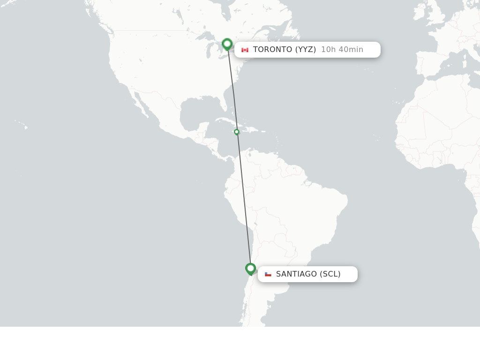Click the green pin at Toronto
tap(227, 44)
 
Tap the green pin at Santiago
tap(250, 269)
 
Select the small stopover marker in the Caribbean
tap(237, 132)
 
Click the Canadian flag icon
tap(245, 50)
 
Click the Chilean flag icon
tap(268, 274)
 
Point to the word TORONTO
tap(272, 50)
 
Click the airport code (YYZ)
tap(305, 50)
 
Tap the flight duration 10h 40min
tap(342, 50)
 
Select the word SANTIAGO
tap(296, 274)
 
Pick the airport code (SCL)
tap(330, 274)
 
